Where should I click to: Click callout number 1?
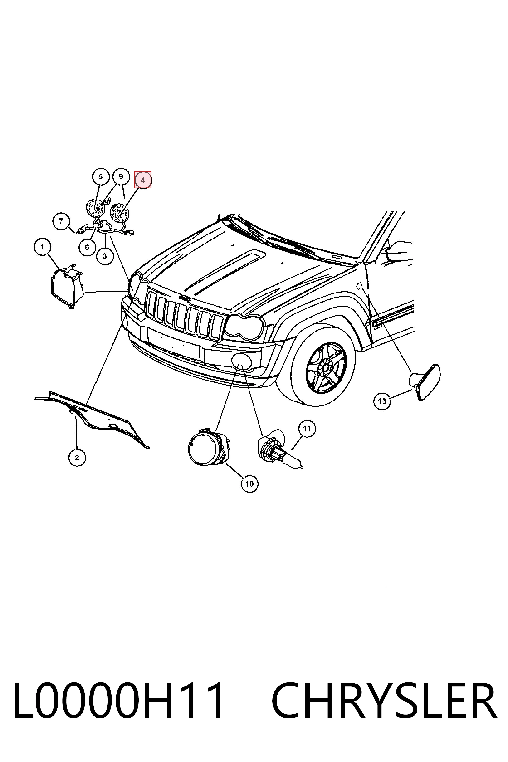[x=42, y=247]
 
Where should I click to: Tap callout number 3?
[x=105, y=256]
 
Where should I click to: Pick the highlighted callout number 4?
[x=143, y=179]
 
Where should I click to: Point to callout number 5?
[x=100, y=177]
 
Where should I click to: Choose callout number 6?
[x=87, y=247]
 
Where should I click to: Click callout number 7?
[x=61, y=221]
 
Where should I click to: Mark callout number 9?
[x=121, y=177]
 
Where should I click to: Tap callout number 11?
[x=306, y=429]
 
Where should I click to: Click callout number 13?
[x=382, y=401]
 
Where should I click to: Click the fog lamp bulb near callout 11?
[x=279, y=449]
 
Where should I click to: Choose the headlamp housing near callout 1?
[x=67, y=286]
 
